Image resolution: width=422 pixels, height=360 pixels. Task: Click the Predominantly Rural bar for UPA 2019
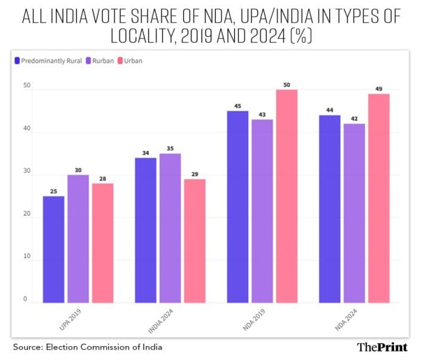[x=54, y=249]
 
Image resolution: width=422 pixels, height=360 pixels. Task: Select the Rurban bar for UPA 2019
[x=78, y=239]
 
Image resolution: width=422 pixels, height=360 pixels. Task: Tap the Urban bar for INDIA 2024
[x=194, y=241]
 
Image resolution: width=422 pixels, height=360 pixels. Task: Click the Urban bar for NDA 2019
[x=286, y=196]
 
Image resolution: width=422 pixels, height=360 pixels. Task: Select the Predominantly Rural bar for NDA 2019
[x=238, y=207]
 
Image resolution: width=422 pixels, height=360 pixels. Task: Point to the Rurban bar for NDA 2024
[x=354, y=213]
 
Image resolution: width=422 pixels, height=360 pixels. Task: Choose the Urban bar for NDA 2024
[x=378, y=198]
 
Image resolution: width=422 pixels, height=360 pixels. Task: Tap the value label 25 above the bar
[x=54, y=192]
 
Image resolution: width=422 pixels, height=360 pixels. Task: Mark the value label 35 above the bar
[x=170, y=148]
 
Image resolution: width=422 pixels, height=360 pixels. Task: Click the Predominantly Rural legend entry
[x=45, y=61]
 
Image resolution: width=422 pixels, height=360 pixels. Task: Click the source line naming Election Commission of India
[x=88, y=347]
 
